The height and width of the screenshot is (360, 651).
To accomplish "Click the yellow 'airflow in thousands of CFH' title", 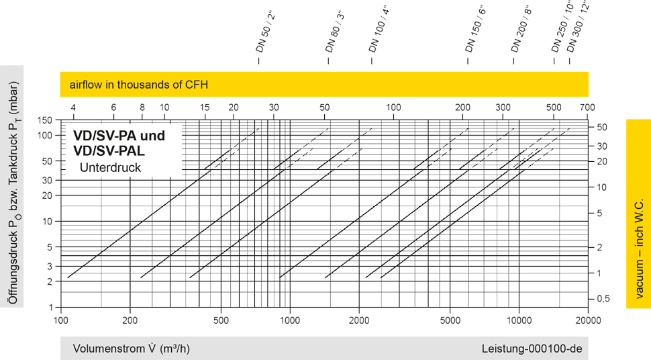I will click(x=139, y=85).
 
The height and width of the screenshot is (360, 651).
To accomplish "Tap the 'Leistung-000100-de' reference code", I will click(x=531, y=349).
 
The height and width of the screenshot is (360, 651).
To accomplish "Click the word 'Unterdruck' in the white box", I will click(x=110, y=168).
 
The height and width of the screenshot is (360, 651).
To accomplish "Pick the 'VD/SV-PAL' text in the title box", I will click(x=109, y=150).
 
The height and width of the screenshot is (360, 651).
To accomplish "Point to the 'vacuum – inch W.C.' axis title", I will click(x=638, y=214).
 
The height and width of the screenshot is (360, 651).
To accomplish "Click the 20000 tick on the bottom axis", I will click(x=588, y=320).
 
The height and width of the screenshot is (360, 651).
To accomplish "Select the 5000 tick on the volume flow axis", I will click(x=450, y=320).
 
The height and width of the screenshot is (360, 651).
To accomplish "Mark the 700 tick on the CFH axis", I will click(x=587, y=107).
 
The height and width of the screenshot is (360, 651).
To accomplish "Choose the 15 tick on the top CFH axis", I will click(x=205, y=107).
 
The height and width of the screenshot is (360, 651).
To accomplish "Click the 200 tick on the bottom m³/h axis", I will click(x=130, y=320).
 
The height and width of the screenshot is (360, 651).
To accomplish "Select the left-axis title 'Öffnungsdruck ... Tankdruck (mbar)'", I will click(x=12, y=186).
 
